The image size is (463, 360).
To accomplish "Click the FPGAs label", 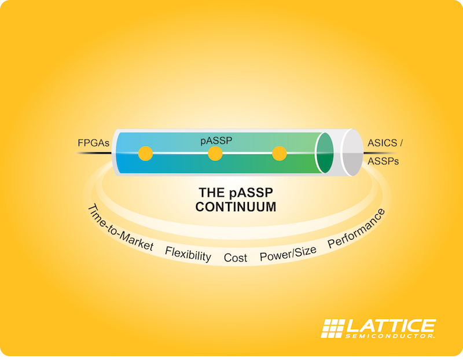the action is click(x=93, y=143).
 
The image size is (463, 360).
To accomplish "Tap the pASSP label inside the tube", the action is click(x=216, y=141).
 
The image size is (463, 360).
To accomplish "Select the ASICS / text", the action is click(x=385, y=143).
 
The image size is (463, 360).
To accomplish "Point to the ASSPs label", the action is click(x=383, y=161).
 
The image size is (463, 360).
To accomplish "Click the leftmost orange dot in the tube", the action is click(x=146, y=153).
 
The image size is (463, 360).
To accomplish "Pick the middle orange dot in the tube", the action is click(x=215, y=153).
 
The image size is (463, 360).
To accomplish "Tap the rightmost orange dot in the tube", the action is click(x=280, y=153).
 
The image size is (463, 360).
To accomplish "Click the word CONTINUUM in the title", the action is click(x=236, y=207).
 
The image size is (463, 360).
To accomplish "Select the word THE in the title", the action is click(x=212, y=193).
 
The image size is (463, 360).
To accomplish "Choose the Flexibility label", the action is click(x=188, y=254).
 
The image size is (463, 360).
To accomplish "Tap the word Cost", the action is click(x=236, y=258).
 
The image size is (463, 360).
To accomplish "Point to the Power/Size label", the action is click(x=288, y=254).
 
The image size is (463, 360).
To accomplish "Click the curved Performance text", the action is click(x=357, y=228).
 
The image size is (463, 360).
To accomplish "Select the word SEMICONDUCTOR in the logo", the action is click(x=389, y=336).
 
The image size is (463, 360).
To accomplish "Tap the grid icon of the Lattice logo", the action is click(x=333, y=328).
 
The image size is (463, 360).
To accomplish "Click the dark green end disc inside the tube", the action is click(x=325, y=153).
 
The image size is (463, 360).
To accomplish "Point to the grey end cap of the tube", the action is click(x=352, y=153).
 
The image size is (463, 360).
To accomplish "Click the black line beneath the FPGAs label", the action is click(x=94, y=153).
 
